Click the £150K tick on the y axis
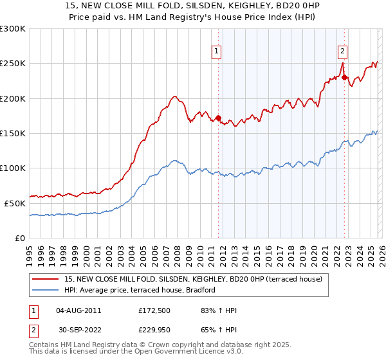click(x=13, y=134)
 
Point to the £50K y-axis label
click(x=15, y=203)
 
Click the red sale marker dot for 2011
click(x=218, y=118)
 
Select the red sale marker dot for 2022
click(x=344, y=78)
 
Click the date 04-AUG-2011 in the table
click(x=78, y=310)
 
